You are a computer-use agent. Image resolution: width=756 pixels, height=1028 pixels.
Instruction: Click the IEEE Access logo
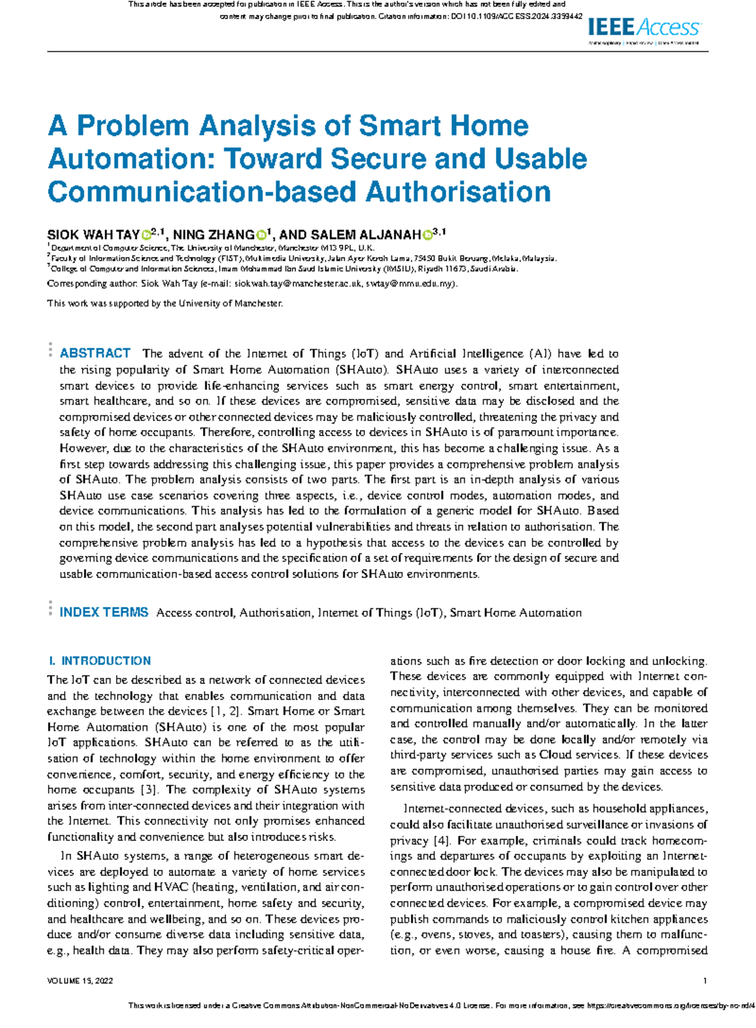pos(643,28)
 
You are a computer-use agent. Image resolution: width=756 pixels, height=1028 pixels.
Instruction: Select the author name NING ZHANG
pos(214,235)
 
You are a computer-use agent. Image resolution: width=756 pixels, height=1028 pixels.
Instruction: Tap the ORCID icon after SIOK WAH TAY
pos(146,235)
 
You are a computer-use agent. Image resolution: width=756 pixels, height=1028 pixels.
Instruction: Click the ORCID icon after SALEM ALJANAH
pos(428,235)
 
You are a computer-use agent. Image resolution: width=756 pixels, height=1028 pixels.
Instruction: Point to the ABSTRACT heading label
pos(95,353)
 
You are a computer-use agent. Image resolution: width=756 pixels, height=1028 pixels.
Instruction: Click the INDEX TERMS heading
pos(103,612)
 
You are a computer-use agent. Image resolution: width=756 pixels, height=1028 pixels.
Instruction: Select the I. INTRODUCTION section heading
pos(100,661)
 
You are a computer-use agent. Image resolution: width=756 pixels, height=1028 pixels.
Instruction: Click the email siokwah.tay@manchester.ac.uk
pos(298,284)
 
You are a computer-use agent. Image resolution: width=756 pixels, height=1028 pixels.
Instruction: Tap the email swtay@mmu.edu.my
pos(409,284)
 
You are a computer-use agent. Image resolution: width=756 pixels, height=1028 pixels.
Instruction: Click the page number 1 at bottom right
pos(705,981)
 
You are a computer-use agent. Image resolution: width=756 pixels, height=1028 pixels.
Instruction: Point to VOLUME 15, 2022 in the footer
pos(80,981)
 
